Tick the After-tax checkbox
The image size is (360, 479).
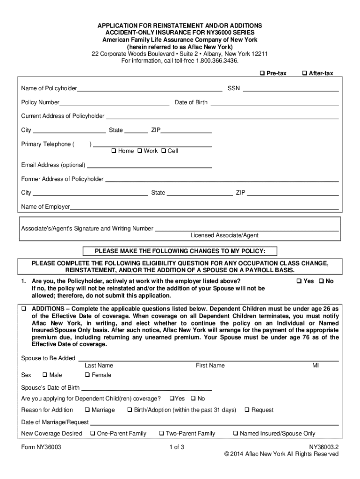[x=305, y=73]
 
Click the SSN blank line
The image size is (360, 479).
[x=290, y=89]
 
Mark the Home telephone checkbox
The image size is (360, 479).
[x=114, y=151]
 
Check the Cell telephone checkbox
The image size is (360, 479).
[x=163, y=151]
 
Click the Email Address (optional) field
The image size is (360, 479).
[x=149, y=166]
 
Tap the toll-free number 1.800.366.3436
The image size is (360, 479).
[x=217, y=60]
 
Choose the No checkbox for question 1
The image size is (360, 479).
[x=321, y=281]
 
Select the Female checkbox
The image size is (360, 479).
[x=87, y=375]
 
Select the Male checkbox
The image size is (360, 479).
[x=45, y=375]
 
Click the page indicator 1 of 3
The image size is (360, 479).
[x=177, y=447]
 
